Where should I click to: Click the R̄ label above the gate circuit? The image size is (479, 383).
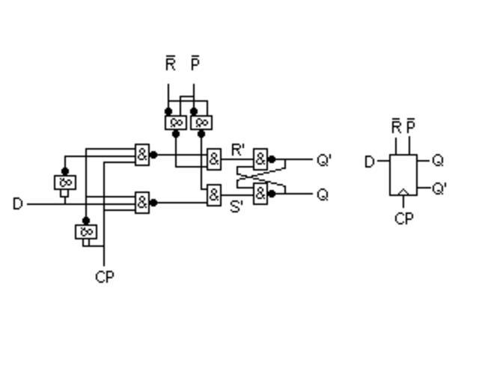[171, 64]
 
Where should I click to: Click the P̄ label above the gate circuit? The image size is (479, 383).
[195, 64]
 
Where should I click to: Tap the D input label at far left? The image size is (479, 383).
[18, 203]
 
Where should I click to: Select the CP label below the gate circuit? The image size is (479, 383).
[105, 277]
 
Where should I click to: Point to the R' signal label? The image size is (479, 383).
[238, 150]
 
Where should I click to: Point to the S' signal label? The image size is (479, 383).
[237, 206]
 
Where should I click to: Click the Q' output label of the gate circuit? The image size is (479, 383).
[324, 160]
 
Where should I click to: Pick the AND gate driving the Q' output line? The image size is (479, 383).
[260, 159]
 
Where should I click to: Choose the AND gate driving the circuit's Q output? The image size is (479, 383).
[260, 194]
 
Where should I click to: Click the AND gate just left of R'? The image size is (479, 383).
[214, 159]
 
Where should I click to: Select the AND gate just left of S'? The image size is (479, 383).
[214, 195]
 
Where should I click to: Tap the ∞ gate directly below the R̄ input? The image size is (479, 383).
[175, 122]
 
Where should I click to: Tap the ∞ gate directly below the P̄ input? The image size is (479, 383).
[201, 122]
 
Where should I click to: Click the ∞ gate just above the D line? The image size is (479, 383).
[65, 182]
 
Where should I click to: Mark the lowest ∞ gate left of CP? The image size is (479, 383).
[86, 232]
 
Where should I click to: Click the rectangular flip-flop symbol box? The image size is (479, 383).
[403, 175]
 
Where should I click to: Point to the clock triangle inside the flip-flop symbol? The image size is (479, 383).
[403, 192]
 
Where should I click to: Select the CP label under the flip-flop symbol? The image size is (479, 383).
[404, 219]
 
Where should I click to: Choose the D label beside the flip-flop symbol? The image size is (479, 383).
[369, 162]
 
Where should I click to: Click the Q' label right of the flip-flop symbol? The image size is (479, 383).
[439, 189]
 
